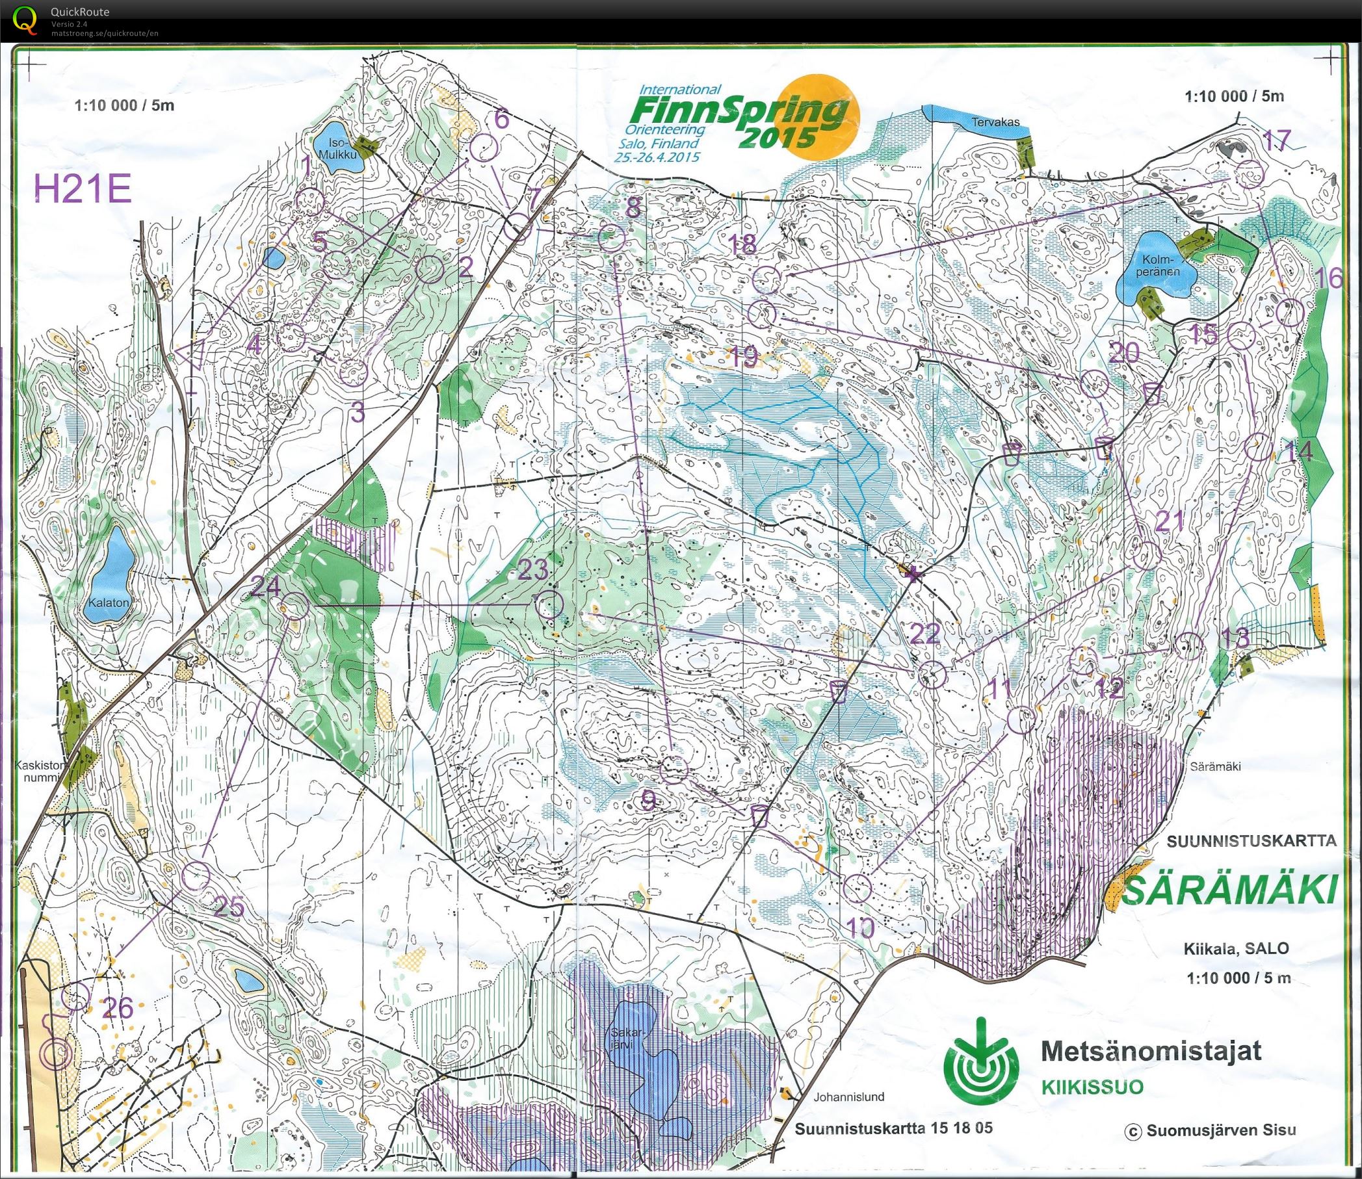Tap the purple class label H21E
pos(84,190)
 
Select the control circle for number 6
pos(483,148)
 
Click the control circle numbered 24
pos(295,606)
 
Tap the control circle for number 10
pos(858,888)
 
